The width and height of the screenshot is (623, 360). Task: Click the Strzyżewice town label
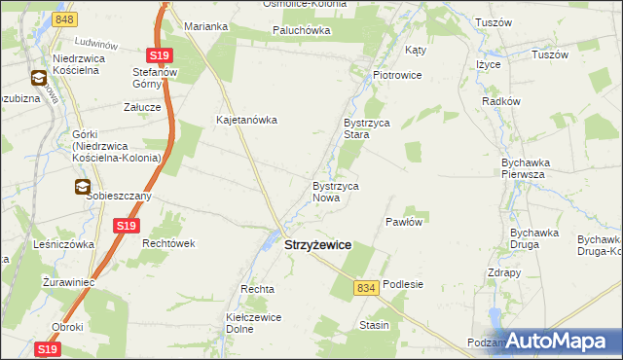point(317,247)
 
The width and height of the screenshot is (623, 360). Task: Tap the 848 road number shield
point(65,19)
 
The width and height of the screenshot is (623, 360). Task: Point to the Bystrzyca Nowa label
point(336,192)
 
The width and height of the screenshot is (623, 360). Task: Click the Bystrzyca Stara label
point(366,129)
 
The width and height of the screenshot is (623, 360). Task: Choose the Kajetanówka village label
point(247,121)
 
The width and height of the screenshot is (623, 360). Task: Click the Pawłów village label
point(403,222)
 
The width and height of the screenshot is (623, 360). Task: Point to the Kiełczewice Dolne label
point(253,323)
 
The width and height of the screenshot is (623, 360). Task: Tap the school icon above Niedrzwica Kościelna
point(38,78)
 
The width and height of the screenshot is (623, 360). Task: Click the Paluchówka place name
point(301,30)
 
